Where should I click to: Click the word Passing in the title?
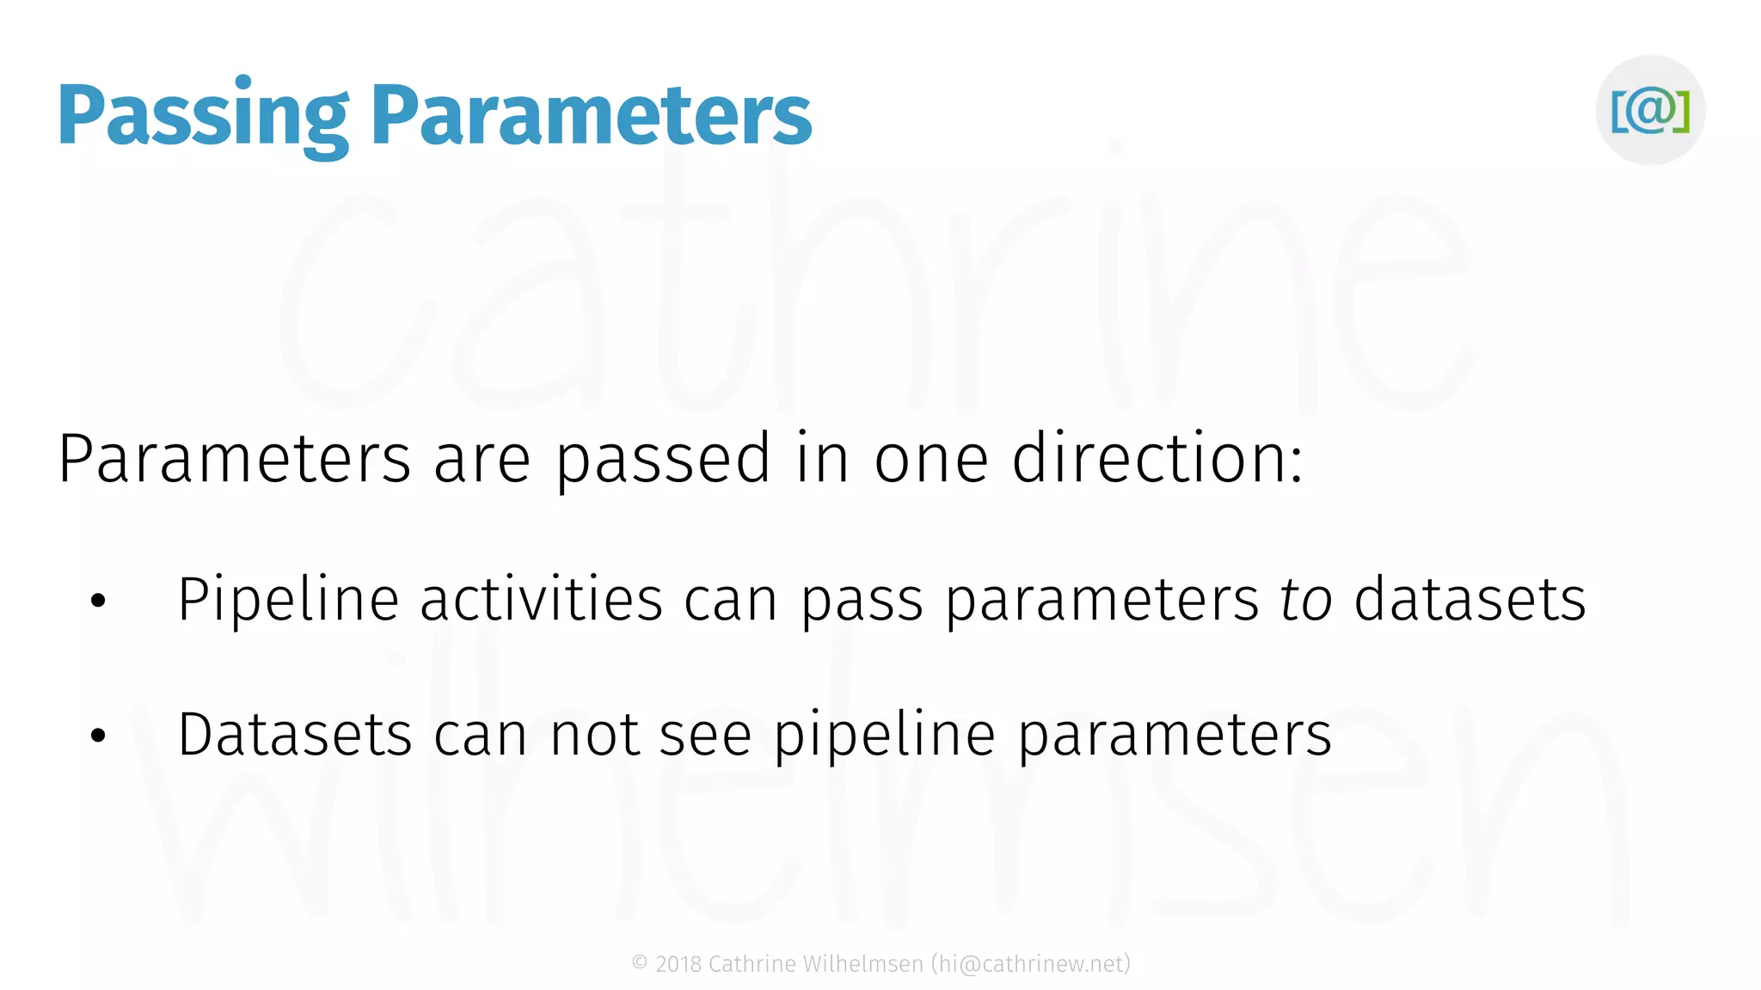(203, 116)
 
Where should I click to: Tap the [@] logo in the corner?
(1650, 110)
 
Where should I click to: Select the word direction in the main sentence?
(1157, 459)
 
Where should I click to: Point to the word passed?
(663, 461)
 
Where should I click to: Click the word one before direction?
(931, 461)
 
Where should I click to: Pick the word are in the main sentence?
(482, 461)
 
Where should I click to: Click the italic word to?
(1306, 599)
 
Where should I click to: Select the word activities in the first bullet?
(541, 599)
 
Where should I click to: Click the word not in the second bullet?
(594, 735)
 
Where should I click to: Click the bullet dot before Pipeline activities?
(98, 601)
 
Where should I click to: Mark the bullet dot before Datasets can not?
(98, 736)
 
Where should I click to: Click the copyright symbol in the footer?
(640, 963)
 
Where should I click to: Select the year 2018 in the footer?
(678, 964)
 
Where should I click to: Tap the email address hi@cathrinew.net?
(1031, 964)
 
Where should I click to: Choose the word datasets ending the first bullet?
(1470, 599)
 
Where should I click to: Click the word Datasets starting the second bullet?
(295, 735)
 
